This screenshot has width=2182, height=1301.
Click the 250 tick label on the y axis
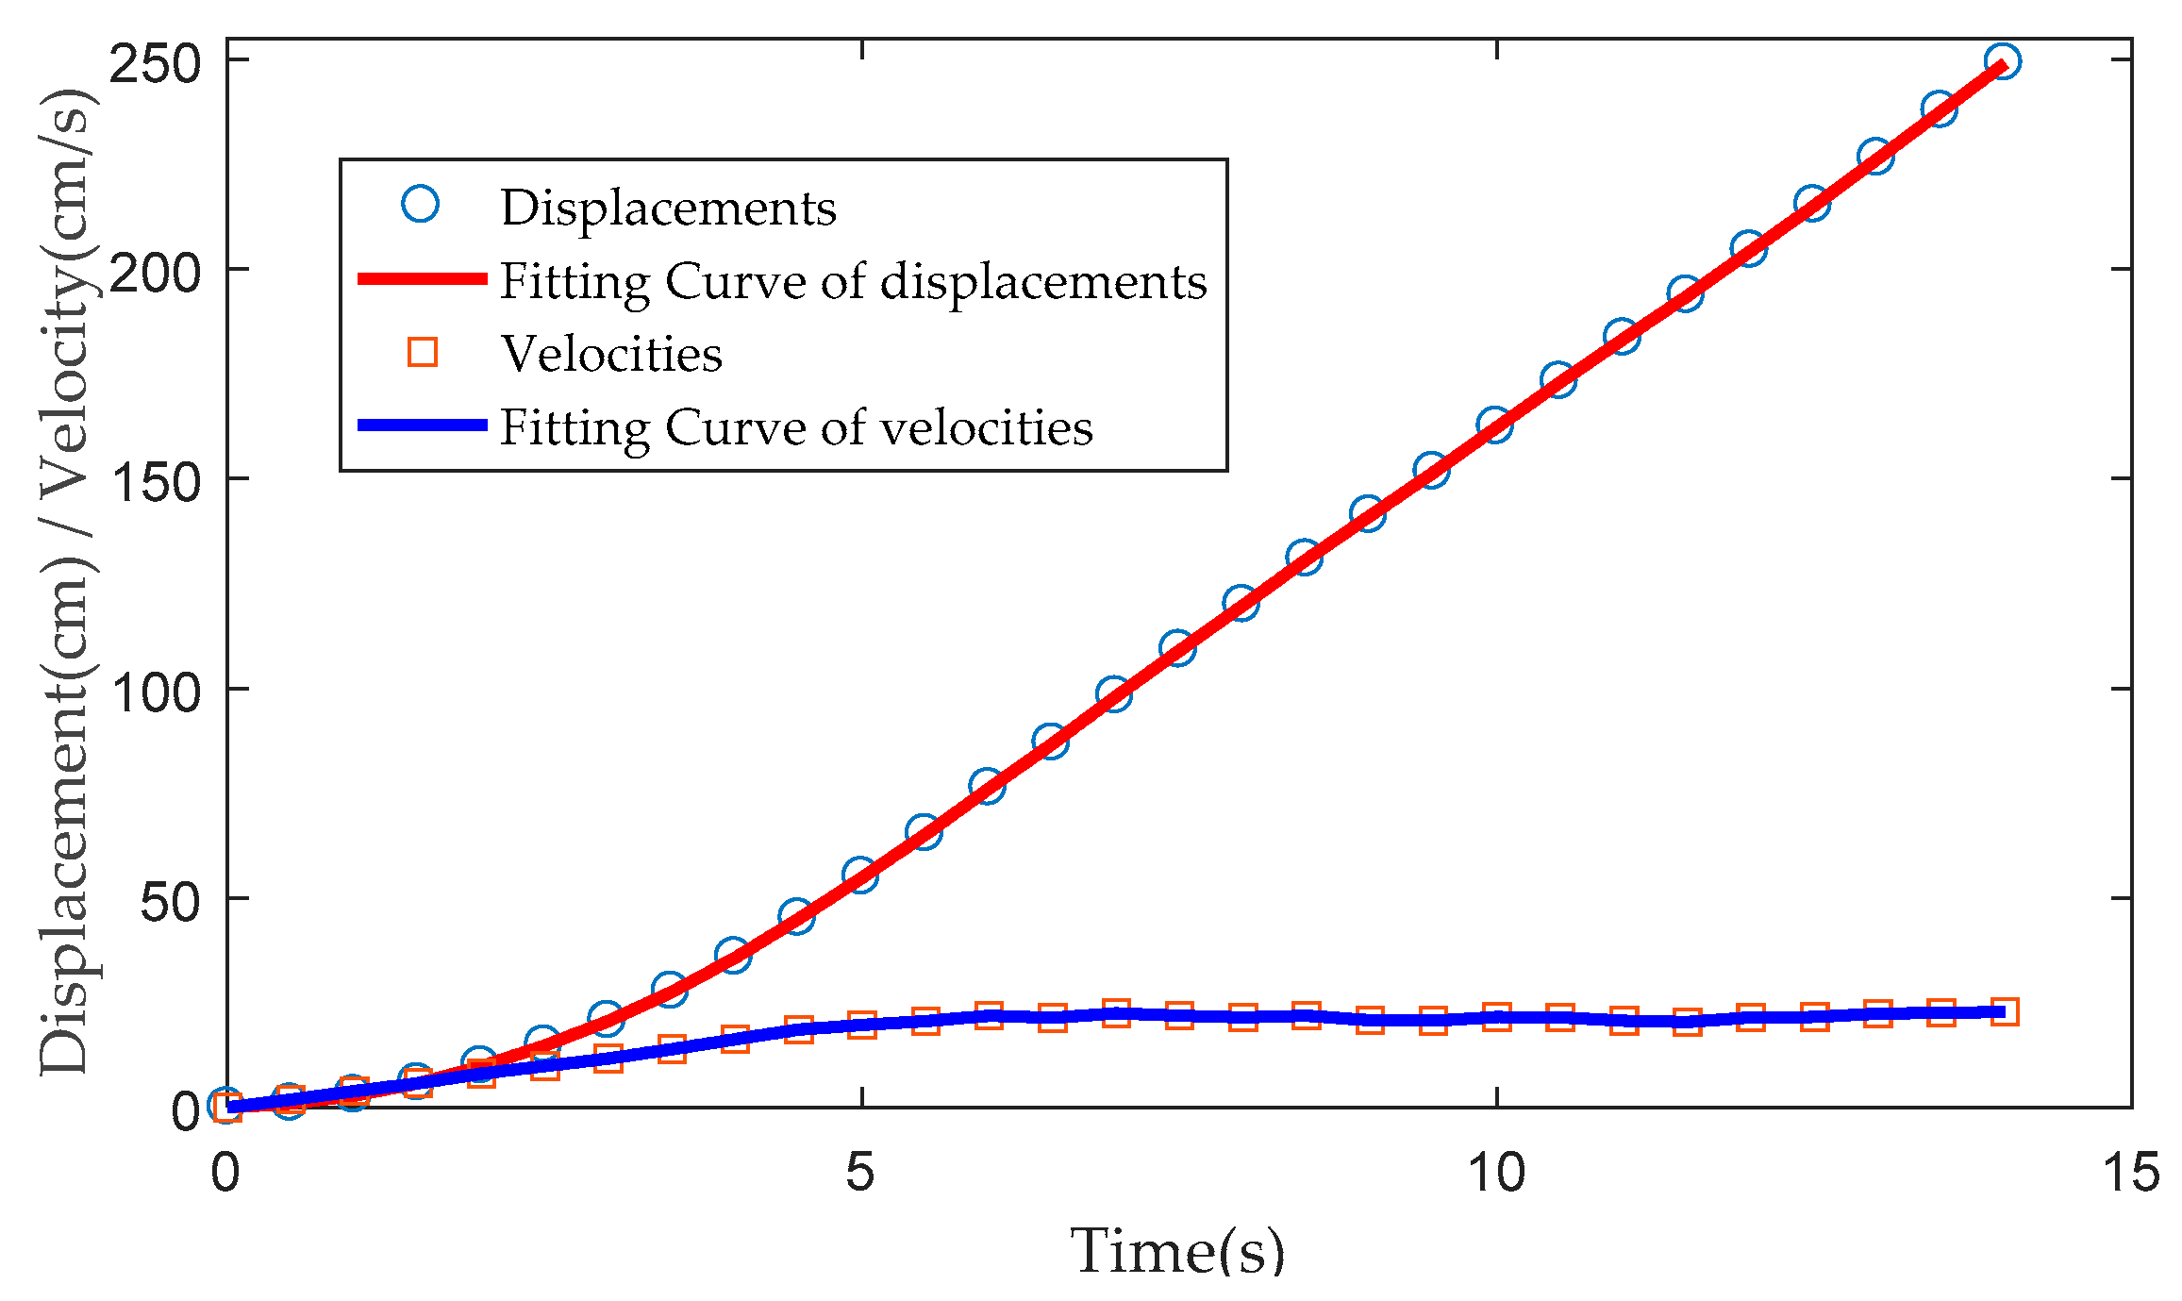pyautogui.click(x=156, y=65)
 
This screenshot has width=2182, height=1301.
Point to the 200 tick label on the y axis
pyautogui.click(x=156, y=275)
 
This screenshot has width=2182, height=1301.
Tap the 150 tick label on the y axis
pyautogui.click(x=156, y=484)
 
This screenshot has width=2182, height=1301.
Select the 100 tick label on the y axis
pyautogui.click(x=156, y=694)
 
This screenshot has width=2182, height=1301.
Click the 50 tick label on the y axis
pyautogui.click(x=170, y=904)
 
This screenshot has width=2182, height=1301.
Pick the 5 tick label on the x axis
pyautogui.click(x=860, y=1173)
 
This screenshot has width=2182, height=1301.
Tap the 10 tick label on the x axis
pyautogui.click(x=1496, y=1173)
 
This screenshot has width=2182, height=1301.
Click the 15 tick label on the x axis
pyautogui.click(x=2131, y=1173)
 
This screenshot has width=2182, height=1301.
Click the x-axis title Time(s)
pyautogui.click(x=1177, y=1251)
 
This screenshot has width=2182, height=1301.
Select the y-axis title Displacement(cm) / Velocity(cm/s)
pyautogui.click(x=64, y=582)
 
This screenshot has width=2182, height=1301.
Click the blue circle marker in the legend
pyautogui.click(x=421, y=204)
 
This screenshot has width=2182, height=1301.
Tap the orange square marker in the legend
pyautogui.click(x=422, y=352)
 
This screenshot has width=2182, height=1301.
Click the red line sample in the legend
pyautogui.click(x=422, y=279)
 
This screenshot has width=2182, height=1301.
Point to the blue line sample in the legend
pyautogui.click(x=422, y=425)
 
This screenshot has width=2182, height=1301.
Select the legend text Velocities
pyautogui.click(x=611, y=355)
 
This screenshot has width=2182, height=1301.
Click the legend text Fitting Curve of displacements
pyautogui.click(x=853, y=281)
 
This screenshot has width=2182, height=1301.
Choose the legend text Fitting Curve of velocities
pyautogui.click(x=796, y=427)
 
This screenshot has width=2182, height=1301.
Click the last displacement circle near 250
pyautogui.click(x=2002, y=61)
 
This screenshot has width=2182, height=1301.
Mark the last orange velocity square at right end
pyautogui.click(x=2004, y=1012)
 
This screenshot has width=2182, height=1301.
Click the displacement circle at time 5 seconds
pyautogui.click(x=860, y=876)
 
